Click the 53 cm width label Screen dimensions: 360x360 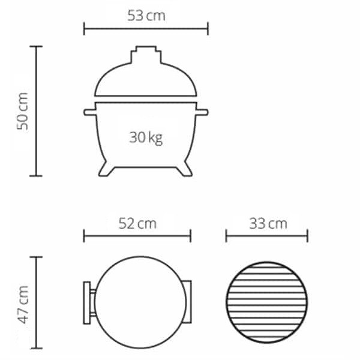tap(146, 16)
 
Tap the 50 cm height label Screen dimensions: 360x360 tap(23, 112)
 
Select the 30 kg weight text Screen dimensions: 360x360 tap(146, 138)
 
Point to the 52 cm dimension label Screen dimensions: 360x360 tap(137, 224)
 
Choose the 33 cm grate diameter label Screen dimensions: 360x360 tap(268, 224)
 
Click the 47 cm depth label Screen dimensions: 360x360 tap(23, 305)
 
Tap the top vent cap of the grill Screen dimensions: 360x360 tap(146, 55)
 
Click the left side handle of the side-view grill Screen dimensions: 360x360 tap(90, 112)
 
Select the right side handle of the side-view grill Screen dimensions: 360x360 tap(202, 112)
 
